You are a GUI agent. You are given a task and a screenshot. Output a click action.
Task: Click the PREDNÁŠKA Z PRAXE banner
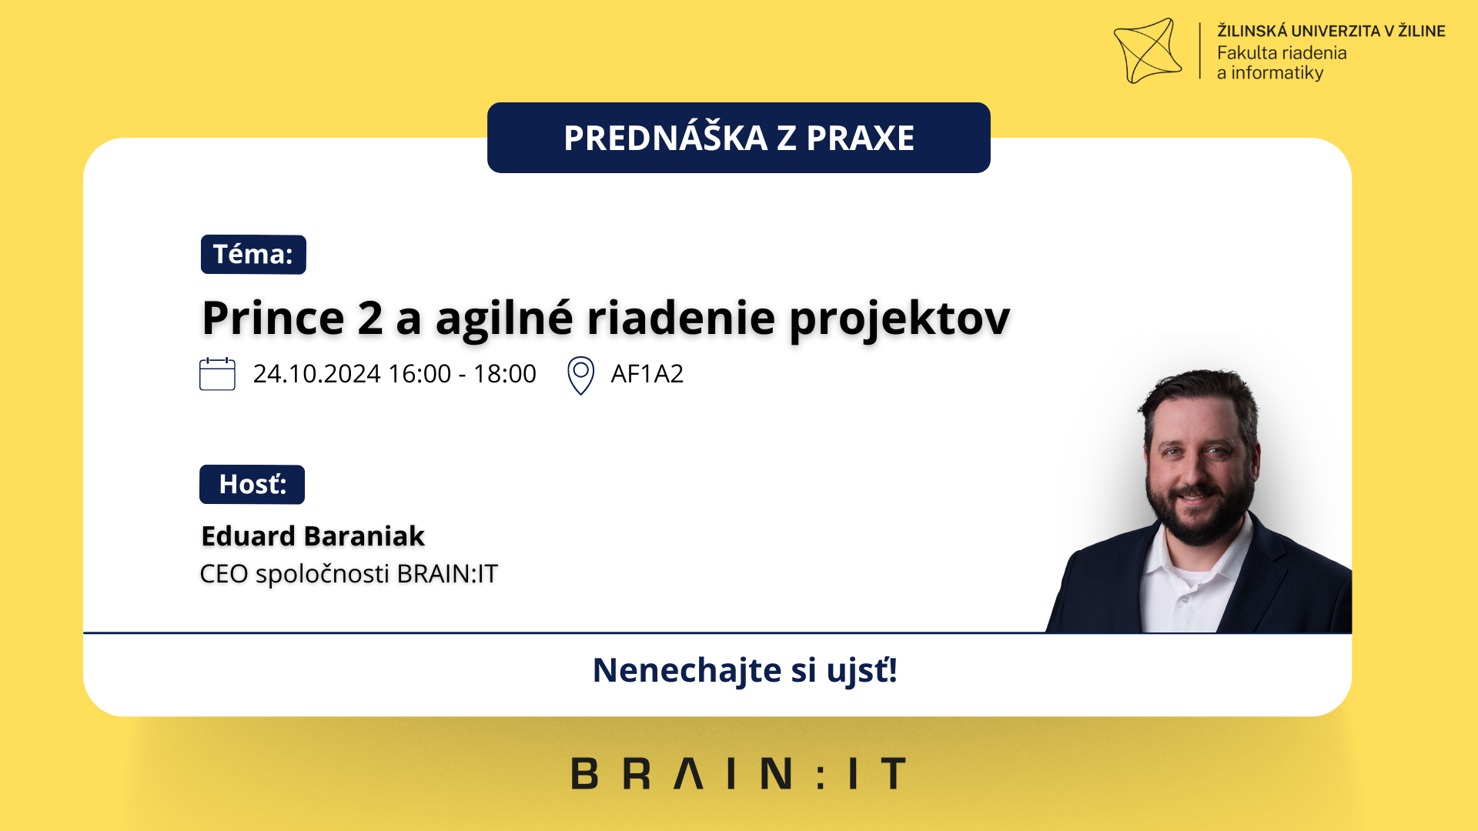pos(739,138)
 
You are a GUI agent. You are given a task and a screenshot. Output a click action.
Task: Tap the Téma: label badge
pos(253,255)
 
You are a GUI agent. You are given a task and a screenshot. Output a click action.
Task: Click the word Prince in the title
pos(273,318)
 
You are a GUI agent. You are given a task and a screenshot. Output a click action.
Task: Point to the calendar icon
pos(217,374)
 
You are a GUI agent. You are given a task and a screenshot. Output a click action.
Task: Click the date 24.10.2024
pos(317,374)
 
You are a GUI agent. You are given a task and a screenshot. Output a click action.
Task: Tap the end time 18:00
pos(505,374)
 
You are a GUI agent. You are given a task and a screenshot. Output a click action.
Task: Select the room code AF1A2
pos(647,374)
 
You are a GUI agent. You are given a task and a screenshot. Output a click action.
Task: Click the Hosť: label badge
pos(252,485)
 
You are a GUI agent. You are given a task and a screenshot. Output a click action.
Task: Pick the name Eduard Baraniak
pos(313,536)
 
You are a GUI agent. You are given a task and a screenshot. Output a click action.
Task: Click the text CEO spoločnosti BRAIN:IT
pos(349,574)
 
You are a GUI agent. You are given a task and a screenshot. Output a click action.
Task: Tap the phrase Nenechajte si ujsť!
pos(744,670)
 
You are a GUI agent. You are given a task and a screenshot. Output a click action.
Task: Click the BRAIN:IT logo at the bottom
pos(739,773)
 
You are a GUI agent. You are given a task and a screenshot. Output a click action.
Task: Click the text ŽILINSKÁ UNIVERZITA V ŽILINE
pos(1331,31)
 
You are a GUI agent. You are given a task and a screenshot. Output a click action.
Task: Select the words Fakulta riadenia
pos(1282,53)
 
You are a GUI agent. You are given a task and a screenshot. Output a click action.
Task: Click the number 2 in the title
pos(370,318)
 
